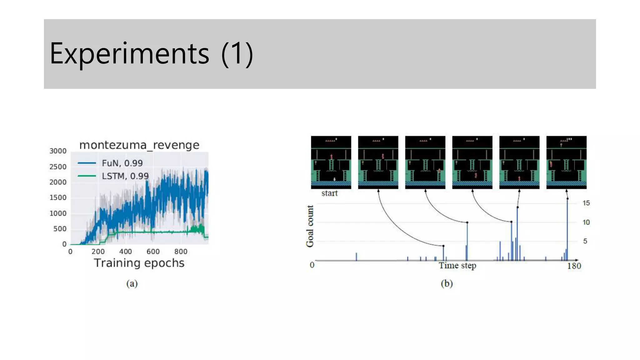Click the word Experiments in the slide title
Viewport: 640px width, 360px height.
point(129,54)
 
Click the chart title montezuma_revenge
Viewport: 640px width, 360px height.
point(139,145)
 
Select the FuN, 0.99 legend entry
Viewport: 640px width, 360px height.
point(122,163)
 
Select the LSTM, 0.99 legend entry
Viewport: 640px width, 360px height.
point(125,176)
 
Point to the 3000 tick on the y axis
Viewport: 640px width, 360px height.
point(58,151)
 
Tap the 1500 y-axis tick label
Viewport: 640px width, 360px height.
point(58,197)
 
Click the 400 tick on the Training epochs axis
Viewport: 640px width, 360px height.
point(125,252)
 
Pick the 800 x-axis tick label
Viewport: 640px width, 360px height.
point(181,252)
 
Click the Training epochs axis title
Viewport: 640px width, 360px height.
point(139,263)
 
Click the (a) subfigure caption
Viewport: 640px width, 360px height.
point(132,283)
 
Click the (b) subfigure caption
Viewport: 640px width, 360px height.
point(447,283)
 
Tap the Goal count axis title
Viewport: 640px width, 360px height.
point(310,226)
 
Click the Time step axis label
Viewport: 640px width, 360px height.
point(457,266)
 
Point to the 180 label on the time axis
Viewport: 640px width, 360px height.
point(574,266)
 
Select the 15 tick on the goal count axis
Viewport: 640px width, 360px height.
point(586,203)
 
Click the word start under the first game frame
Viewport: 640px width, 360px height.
point(329,193)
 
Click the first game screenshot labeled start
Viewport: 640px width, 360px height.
point(331,162)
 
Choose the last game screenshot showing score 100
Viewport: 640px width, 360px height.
point(566,162)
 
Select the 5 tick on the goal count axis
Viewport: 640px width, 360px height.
point(585,241)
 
